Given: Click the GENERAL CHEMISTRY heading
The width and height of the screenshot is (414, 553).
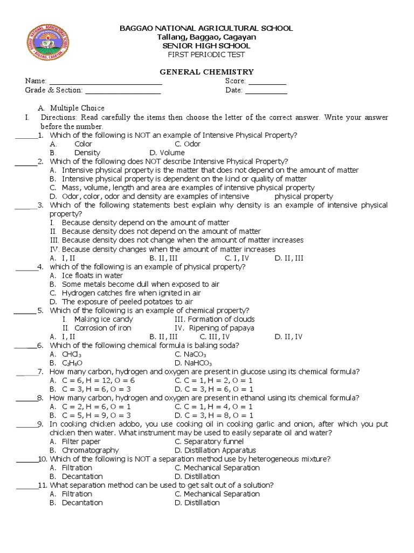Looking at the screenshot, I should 206,72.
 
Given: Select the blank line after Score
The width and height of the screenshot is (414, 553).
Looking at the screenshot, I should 267,82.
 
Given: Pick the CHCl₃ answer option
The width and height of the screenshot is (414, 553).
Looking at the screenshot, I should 72,354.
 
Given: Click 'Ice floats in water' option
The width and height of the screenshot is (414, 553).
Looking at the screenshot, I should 92,275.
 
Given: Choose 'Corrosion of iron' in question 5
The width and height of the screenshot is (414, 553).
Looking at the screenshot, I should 102,328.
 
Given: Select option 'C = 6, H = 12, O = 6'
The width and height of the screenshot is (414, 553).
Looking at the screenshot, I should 98,380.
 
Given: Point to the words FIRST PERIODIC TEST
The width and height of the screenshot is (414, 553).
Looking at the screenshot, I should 206,55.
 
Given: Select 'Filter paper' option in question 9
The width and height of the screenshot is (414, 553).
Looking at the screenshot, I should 81,441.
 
